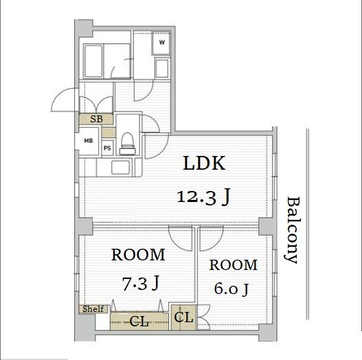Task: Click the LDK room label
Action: [204, 164]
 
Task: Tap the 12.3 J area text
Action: [203, 197]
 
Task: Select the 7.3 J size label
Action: [141, 283]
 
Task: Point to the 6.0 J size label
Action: [231, 289]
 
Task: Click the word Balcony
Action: [293, 230]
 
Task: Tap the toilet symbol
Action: [128, 144]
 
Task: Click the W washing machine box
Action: [161, 43]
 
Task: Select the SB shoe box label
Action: [96, 119]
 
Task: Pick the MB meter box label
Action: [89, 141]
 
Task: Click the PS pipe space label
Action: [107, 148]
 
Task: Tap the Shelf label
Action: [93, 308]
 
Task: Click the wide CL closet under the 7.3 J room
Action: [139, 321]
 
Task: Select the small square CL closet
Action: [184, 317]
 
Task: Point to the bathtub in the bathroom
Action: [93, 61]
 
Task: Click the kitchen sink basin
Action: [120, 168]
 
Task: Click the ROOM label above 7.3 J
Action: [138, 255]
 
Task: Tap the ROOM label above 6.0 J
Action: [234, 265]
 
